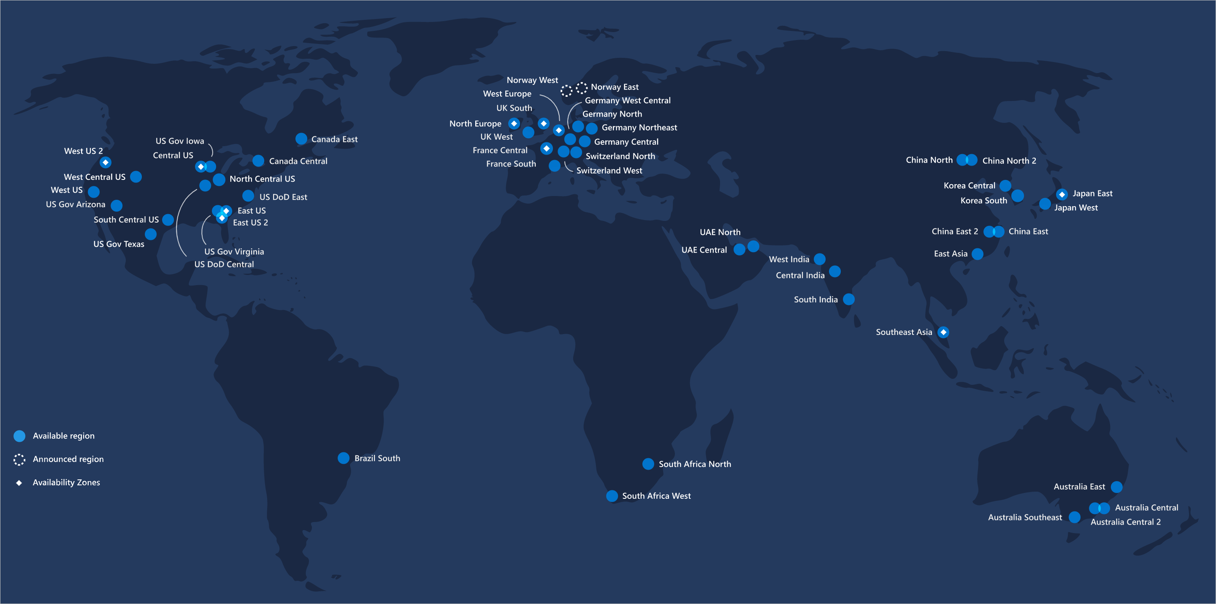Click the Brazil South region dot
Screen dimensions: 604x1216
point(343,458)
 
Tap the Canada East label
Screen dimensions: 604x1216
point(334,139)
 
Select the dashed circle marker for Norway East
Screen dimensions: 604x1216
point(582,87)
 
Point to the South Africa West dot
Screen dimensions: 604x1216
point(612,496)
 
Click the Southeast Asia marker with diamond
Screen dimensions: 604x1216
point(943,332)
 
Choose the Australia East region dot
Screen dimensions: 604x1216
point(1116,487)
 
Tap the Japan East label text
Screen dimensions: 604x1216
point(1092,193)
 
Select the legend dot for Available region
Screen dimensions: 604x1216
point(19,436)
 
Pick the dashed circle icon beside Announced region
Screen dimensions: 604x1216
point(19,460)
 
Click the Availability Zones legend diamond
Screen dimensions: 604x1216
point(19,483)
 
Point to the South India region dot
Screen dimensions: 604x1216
point(848,299)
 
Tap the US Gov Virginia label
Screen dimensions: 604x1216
point(234,252)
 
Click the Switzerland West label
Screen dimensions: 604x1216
point(609,171)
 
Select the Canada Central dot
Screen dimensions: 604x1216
point(258,161)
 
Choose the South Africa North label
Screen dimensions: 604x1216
point(695,464)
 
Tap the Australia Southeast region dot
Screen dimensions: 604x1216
point(1074,517)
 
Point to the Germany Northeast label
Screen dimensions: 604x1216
point(639,128)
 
